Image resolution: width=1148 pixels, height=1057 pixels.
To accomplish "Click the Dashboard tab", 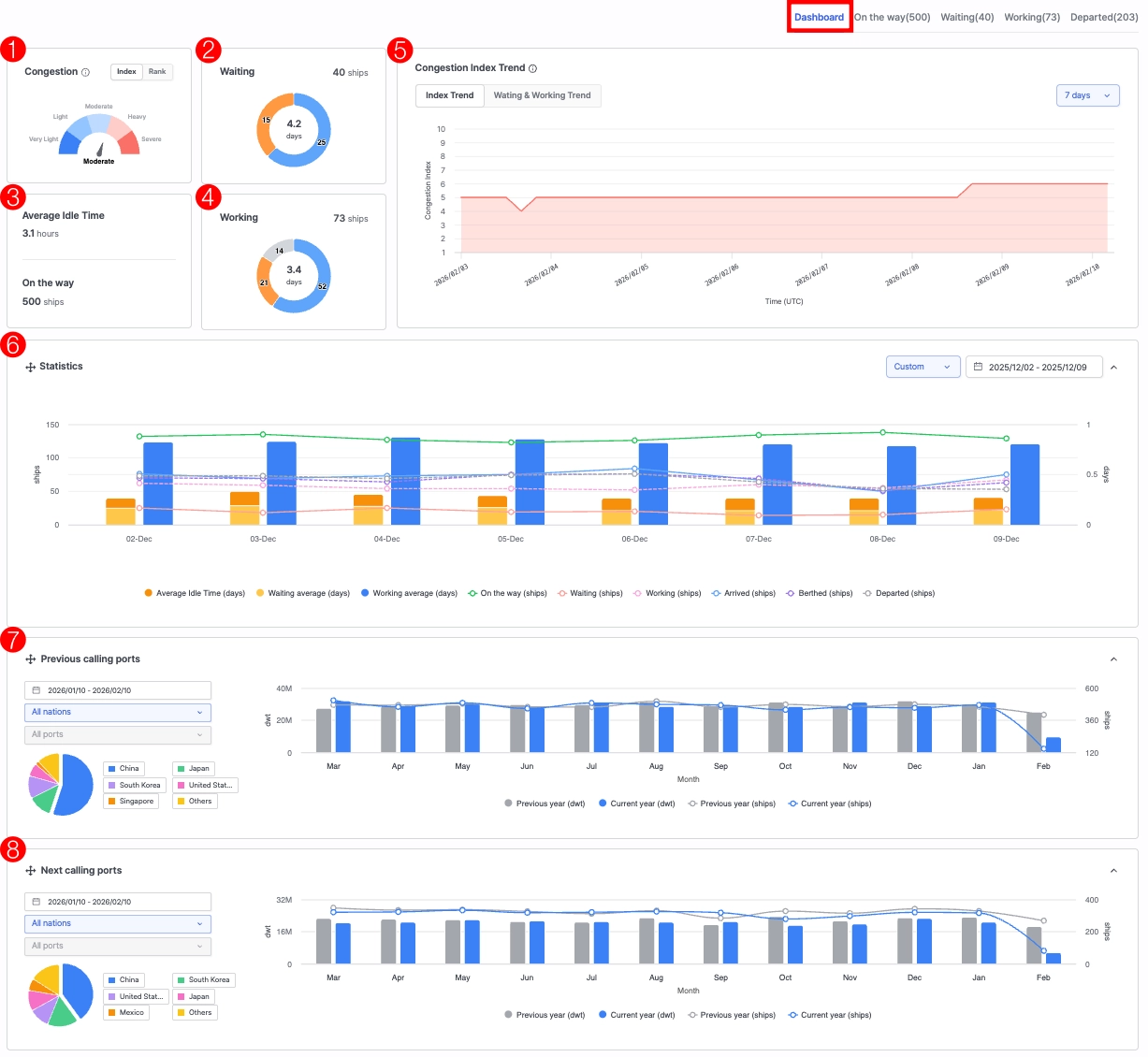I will tap(819, 17).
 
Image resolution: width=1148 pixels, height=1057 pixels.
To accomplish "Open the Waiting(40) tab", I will tap(966, 17).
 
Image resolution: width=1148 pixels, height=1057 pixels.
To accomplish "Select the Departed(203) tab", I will tap(1103, 17).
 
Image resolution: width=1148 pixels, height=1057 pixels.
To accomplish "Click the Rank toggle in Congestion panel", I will tap(157, 72).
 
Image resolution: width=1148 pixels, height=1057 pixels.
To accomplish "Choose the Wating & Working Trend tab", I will tap(542, 95).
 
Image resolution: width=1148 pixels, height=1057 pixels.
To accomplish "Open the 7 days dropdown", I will tap(1087, 95).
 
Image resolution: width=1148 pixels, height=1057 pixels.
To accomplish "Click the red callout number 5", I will tap(400, 51).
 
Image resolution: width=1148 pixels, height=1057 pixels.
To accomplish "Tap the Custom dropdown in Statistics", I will tap(923, 367).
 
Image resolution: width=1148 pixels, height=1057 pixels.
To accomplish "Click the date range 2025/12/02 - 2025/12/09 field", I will tap(1034, 367).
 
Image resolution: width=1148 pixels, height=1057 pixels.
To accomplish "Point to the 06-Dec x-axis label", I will tap(634, 539).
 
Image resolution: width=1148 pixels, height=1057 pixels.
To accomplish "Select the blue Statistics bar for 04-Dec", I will tap(405, 482).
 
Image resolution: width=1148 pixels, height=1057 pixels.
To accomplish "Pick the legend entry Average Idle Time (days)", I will tap(196, 593).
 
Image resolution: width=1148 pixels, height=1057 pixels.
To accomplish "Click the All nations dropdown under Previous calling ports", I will tap(117, 712).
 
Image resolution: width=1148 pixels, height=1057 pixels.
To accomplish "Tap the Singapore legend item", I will tap(131, 802).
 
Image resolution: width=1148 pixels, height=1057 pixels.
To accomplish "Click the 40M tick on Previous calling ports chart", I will tap(284, 688).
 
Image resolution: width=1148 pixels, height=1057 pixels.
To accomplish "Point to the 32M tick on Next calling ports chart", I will tap(284, 900).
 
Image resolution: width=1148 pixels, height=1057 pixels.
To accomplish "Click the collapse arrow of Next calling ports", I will tap(1113, 871).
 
